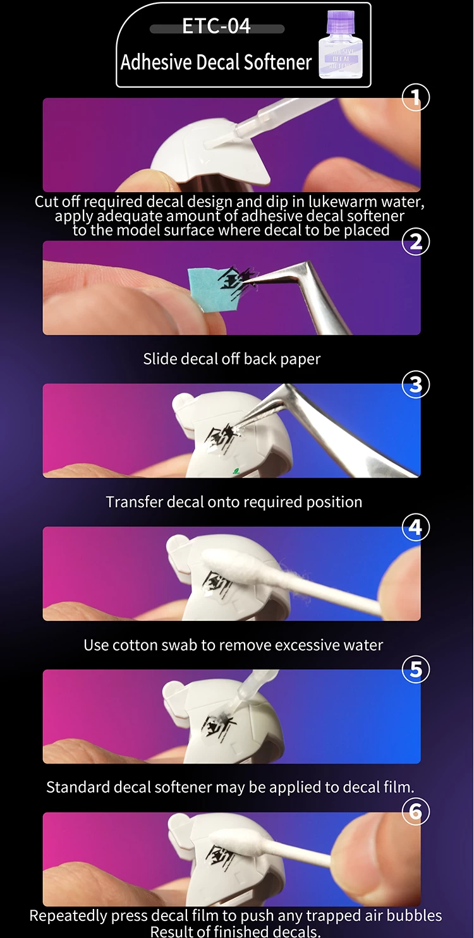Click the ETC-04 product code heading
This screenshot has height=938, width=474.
(216, 26)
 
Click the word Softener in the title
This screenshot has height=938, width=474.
(278, 62)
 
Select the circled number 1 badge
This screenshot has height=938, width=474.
(415, 97)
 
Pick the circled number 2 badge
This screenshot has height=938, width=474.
(415, 242)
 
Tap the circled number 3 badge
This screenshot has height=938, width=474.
(415, 385)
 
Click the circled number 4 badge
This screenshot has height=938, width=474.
(415, 527)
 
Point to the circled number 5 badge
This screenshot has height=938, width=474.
(415, 670)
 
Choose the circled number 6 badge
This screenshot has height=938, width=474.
(415, 812)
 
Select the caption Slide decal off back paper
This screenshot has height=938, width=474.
(232, 359)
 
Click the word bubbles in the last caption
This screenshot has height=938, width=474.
(414, 916)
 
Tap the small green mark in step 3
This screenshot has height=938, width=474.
(236, 471)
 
